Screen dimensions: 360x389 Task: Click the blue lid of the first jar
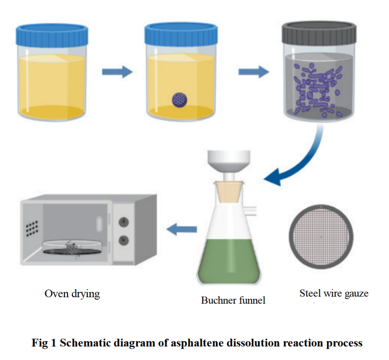click(52, 34)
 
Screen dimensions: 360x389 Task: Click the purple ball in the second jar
click(180, 99)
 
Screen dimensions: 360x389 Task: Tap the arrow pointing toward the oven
click(182, 229)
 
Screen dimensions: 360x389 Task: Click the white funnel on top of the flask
click(229, 162)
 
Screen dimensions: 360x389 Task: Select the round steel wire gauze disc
click(321, 237)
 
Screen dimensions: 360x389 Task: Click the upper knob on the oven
click(124, 221)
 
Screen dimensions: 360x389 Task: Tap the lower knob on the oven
click(124, 240)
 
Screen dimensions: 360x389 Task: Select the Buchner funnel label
click(233, 300)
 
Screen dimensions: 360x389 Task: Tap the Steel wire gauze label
click(334, 293)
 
